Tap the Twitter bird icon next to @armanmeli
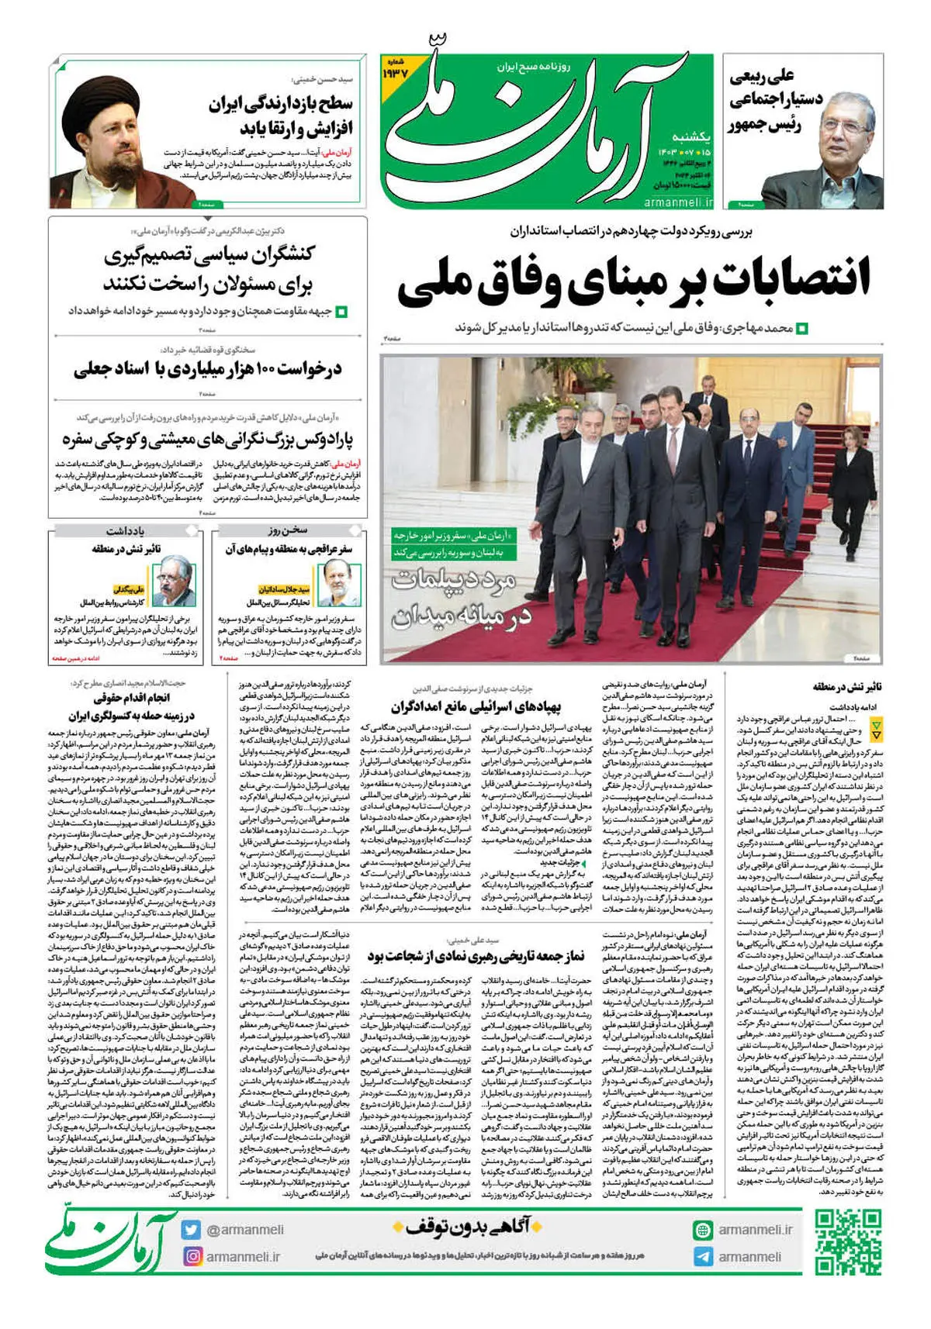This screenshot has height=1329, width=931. pos(192,1229)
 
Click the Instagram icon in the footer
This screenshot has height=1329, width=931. pos(192,1256)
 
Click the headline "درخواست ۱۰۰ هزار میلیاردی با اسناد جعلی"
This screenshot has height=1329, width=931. pos(208,369)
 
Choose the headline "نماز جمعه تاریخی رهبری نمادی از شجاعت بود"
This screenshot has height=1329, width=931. pos(476,955)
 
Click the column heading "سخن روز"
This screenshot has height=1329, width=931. pos(288,530)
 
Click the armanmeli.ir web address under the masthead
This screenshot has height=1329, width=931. pos(678,202)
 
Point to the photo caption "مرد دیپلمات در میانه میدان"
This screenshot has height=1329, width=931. pos(462,597)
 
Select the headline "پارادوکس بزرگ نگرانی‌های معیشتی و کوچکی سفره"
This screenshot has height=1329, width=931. pos(208,439)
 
